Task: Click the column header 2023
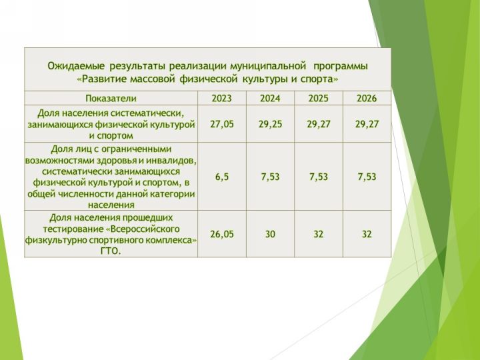[222, 98]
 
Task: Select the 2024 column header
[270, 98]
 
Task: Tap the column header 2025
[319, 98]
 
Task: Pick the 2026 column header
[367, 98]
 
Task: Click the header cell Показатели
[111, 98]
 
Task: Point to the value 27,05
[222, 124]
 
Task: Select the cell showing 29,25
[270, 124]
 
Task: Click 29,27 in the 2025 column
[319, 124]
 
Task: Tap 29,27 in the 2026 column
[367, 124]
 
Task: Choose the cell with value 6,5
[222, 177]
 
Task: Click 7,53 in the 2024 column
[270, 177]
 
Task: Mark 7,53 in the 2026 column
[367, 177]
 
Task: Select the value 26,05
[222, 234]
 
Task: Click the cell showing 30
[270, 234]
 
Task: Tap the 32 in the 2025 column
[319, 234]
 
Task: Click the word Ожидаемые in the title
[76, 66]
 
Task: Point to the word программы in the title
[341, 67]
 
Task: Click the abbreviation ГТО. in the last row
[111, 251]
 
